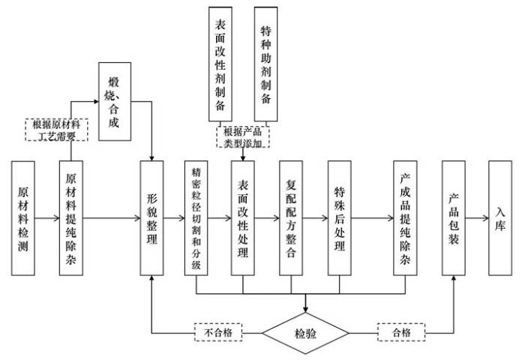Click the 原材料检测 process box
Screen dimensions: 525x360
click(23, 218)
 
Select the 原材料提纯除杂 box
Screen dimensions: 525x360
click(71, 218)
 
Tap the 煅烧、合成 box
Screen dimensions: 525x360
click(115, 101)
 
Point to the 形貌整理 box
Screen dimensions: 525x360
click(151, 218)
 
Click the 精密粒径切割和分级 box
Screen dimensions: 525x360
click(196, 218)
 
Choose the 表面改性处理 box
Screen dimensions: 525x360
click(243, 218)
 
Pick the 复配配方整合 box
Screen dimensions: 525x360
click(291, 218)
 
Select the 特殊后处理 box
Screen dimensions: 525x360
click(340, 218)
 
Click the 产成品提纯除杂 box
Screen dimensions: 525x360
click(405, 218)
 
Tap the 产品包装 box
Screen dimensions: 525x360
click(454, 218)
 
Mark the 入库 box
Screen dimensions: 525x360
click(500, 218)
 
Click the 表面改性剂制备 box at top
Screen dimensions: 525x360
click(220, 64)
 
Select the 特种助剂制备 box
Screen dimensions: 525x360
click(265, 64)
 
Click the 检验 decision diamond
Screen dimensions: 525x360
click(305, 333)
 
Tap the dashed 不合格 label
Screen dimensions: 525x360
click(218, 332)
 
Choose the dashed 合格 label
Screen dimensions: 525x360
click(401, 332)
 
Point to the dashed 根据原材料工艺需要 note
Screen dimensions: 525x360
click(56, 130)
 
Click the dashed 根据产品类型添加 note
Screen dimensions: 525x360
click(243, 137)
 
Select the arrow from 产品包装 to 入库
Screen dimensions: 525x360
click(477, 218)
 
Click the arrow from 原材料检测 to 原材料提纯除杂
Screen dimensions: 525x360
click(47, 218)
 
